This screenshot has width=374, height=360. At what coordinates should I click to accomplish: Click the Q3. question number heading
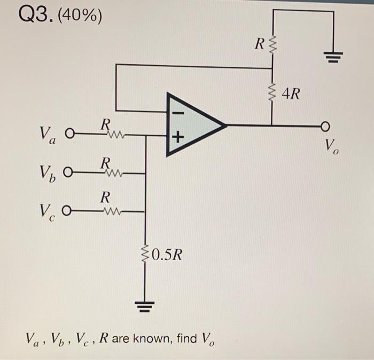[x=34, y=15]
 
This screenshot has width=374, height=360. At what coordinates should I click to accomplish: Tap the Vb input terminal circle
[x=67, y=173]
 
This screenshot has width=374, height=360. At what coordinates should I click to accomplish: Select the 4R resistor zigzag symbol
[x=273, y=95]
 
